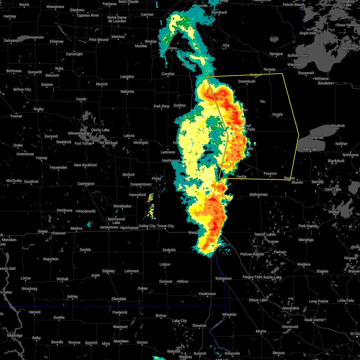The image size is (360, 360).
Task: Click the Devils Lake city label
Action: coord(100,130)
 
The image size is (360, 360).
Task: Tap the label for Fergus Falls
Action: coord(252,277)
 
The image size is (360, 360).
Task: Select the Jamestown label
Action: coord(109,227)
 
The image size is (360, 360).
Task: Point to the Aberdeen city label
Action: coord(121,341)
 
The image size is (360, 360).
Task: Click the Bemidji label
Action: coord(317,182)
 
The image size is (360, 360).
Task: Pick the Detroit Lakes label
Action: coord(265,234)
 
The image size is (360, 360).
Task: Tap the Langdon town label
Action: coord(127,76)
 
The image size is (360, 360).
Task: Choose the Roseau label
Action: coord(269,69)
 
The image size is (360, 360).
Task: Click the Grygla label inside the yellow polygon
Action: coord(277,114)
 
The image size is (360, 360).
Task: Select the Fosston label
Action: coord(270,173)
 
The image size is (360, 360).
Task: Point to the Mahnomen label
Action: coord(258,194)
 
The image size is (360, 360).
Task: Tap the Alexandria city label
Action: coord(290,308)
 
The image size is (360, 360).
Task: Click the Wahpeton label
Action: coord(223,278)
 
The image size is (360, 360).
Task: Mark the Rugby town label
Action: coord(39,109)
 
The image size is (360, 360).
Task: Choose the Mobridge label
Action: coord(15,335)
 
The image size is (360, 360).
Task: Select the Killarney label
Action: coord(57,41)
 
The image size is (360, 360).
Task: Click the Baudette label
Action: coord(325,83)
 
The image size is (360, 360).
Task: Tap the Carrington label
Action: coord(86,184)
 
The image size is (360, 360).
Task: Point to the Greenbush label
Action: coord(247,81)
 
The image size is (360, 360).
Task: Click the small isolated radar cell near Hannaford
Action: coord(151,197)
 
